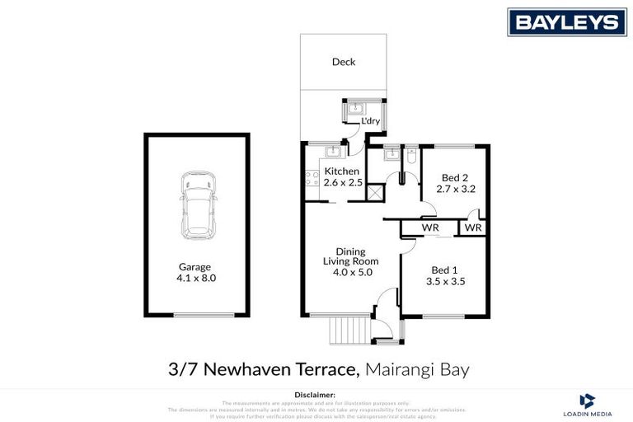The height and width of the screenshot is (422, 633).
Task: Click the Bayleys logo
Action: click(x=566, y=21)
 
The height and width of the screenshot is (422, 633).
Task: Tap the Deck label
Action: click(x=344, y=62)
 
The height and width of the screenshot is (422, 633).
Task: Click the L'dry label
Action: click(x=370, y=121)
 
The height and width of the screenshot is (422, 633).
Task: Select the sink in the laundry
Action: click(x=357, y=108)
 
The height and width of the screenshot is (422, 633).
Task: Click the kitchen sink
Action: click(x=333, y=152)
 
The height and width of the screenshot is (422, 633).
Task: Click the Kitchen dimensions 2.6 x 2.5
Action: click(x=343, y=183)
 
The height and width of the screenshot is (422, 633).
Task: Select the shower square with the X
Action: click(x=375, y=194)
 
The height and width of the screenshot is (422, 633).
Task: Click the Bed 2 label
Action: click(x=455, y=177)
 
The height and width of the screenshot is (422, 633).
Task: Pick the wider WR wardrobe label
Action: click(x=429, y=227)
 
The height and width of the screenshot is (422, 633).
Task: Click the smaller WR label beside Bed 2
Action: click(x=472, y=227)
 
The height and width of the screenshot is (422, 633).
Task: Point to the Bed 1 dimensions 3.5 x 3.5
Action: click(x=446, y=281)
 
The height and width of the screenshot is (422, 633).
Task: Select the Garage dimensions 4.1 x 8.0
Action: click(x=196, y=279)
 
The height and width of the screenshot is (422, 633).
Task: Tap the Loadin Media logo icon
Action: click(x=587, y=401)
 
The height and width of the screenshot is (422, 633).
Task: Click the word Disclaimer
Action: click(x=316, y=396)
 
